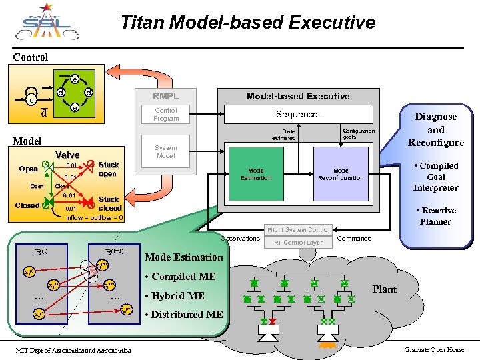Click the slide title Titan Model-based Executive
click(x=248, y=23)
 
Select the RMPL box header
click(x=166, y=96)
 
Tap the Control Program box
click(x=166, y=114)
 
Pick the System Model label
click(x=166, y=151)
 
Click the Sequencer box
click(x=299, y=114)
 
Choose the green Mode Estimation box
click(x=257, y=174)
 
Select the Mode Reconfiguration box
click(x=341, y=174)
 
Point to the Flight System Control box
click(x=298, y=230)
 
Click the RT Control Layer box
click(x=298, y=243)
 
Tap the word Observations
click(x=240, y=238)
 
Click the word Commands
click(x=354, y=238)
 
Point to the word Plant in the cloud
click(x=385, y=289)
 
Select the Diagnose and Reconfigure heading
click(x=436, y=129)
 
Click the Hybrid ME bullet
click(x=175, y=295)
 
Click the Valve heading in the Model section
click(x=67, y=155)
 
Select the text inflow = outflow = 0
click(x=94, y=217)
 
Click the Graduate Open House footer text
click(x=434, y=350)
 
